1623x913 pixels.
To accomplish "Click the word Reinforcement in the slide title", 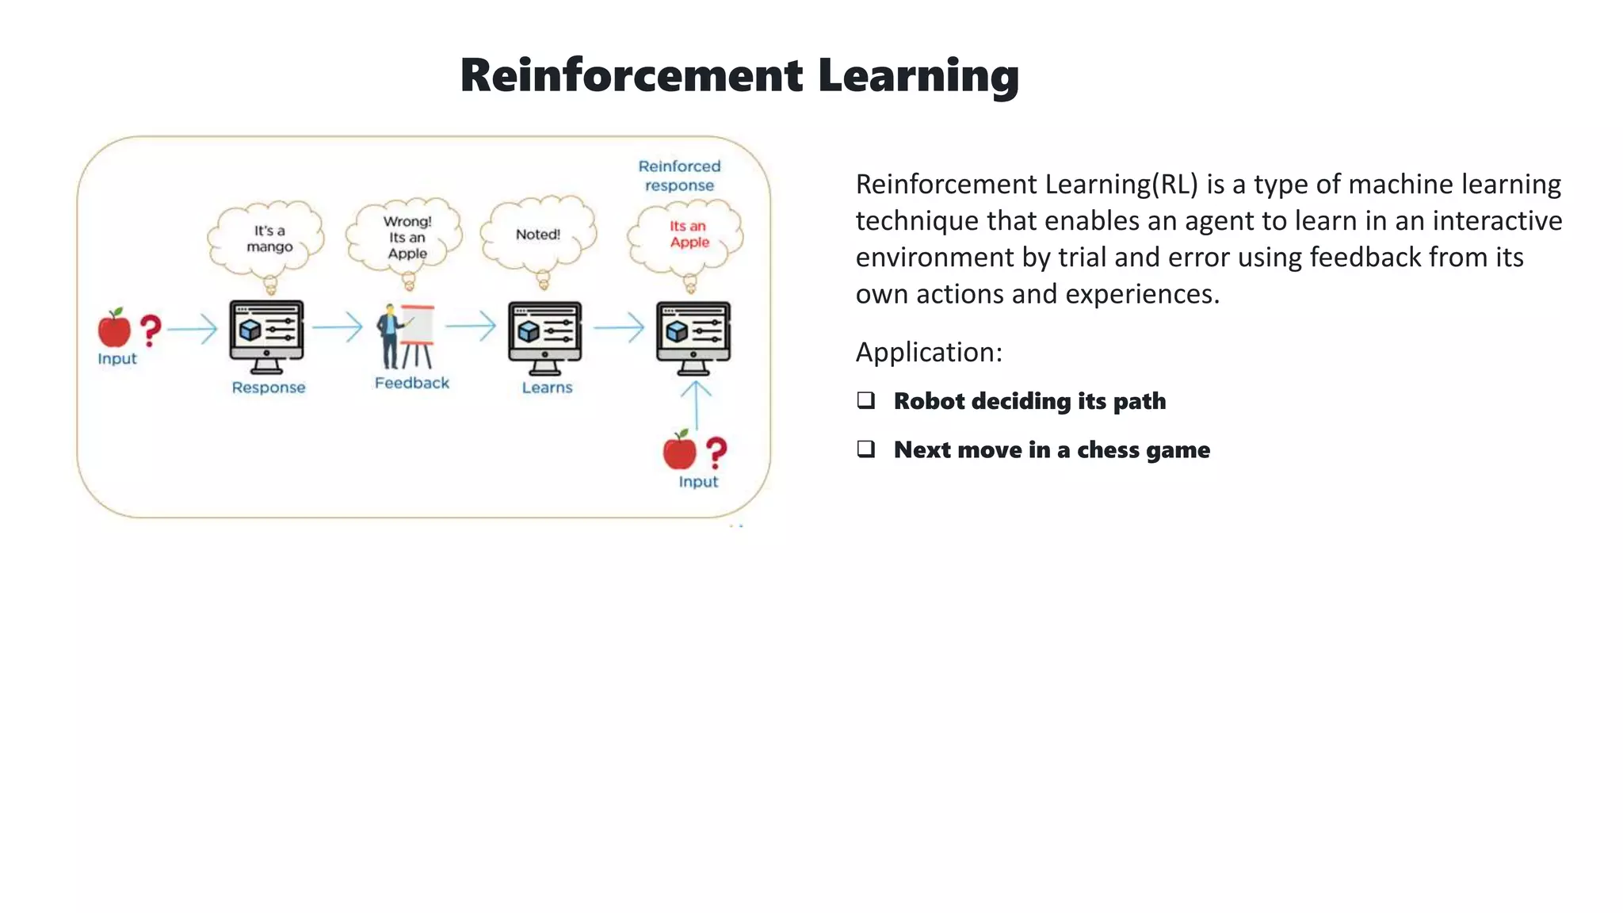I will tap(632, 76).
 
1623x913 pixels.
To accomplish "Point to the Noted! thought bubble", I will tap(538, 235).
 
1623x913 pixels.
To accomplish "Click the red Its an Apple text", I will tap(688, 234).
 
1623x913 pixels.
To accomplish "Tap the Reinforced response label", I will tap(679, 175).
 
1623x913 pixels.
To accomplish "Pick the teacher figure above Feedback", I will tap(390, 337).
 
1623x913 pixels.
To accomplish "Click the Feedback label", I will tap(411, 383).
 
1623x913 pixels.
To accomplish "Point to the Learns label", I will tap(547, 388).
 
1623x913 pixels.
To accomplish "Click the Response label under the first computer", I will tap(268, 388).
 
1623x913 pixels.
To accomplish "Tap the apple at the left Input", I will tap(114, 328).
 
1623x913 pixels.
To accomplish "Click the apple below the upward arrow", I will tap(679, 450).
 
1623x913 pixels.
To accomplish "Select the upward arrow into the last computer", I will tap(696, 404).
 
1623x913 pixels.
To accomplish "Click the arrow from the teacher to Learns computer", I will tap(471, 326).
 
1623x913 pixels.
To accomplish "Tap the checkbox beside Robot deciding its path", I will tap(866, 400).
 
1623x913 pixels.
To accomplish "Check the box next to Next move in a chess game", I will tap(866, 449).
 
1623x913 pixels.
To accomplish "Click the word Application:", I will tap(929, 352).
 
